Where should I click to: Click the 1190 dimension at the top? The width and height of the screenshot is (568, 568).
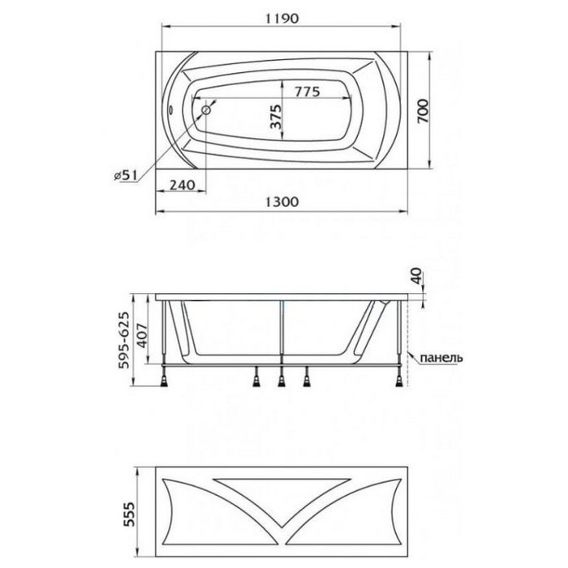(282, 18)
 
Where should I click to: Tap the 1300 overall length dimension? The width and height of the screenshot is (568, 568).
(282, 201)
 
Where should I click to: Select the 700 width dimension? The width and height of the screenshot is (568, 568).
(423, 111)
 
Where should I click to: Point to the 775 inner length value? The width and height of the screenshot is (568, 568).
(307, 91)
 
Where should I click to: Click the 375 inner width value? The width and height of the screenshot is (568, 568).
(276, 117)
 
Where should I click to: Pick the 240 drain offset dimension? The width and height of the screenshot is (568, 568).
(183, 185)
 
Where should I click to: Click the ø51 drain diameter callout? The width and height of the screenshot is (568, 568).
(125, 176)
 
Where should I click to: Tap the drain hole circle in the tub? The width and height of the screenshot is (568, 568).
(206, 110)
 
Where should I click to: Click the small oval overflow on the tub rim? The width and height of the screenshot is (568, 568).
(171, 110)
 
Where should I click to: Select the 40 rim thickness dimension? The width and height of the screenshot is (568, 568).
(417, 276)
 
